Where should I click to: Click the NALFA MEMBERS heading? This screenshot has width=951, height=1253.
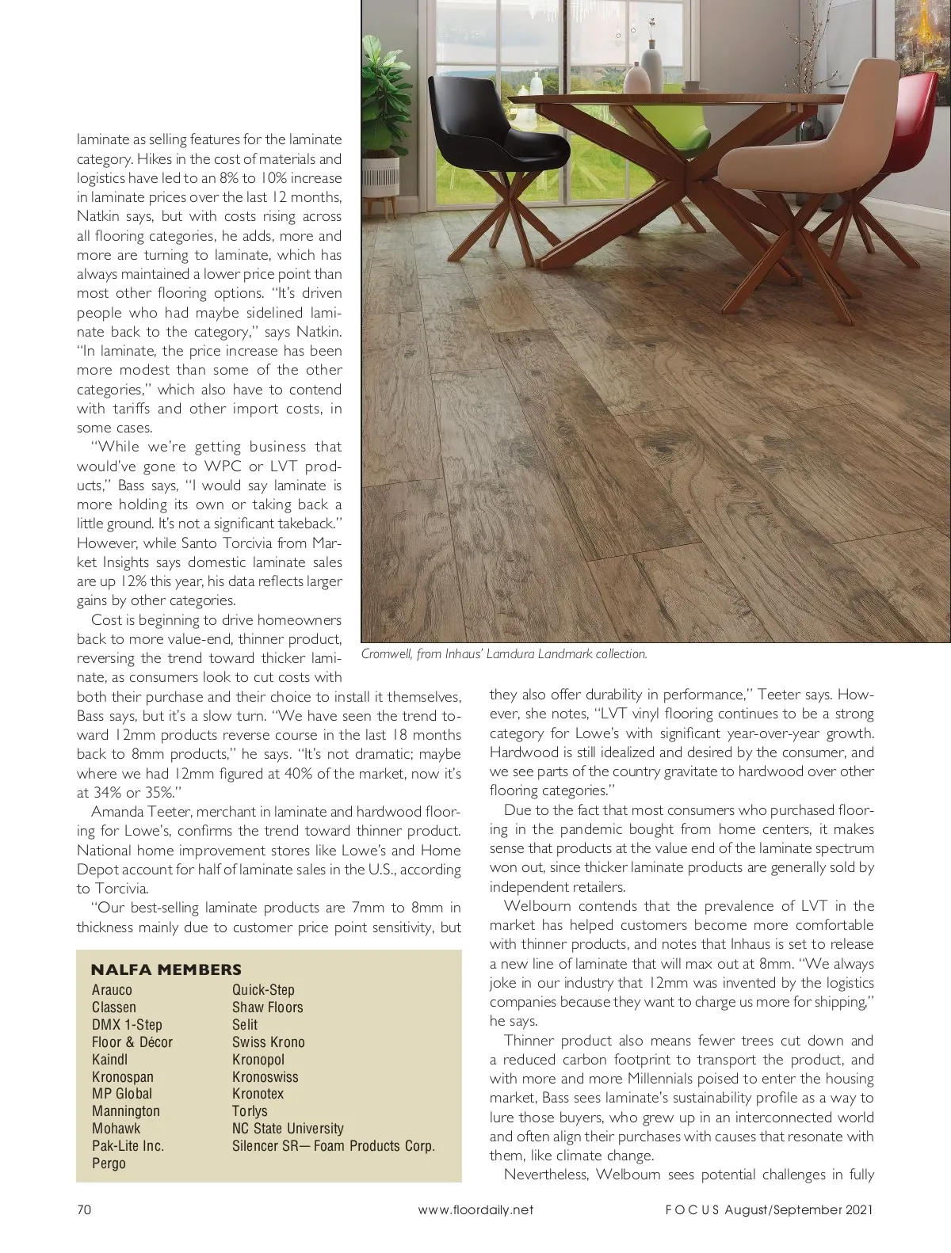click(166, 969)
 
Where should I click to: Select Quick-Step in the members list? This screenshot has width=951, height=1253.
click(263, 990)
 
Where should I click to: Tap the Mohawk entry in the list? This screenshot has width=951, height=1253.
click(116, 1129)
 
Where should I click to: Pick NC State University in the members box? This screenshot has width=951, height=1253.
click(288, 1129)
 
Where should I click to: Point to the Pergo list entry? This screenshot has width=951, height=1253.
click(109, 1163)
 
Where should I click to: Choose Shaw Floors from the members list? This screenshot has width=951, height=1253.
click(267, 1007)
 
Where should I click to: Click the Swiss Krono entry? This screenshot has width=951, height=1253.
click(268, 1042)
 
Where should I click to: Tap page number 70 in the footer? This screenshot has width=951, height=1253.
click(85, 1209)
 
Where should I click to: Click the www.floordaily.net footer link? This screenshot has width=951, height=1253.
click(475, 1209)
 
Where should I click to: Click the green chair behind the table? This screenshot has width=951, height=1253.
click(682, 127)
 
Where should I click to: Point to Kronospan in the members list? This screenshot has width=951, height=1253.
click(123, 1077)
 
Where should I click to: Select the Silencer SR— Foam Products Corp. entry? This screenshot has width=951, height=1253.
click(333, 1146)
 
